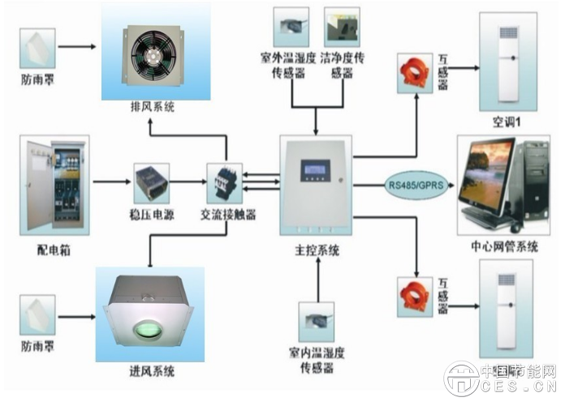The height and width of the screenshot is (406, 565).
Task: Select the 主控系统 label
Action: coord(317,251)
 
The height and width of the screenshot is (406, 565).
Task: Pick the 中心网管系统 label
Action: coord(504,246)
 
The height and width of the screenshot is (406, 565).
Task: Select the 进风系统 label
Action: coord(152,371)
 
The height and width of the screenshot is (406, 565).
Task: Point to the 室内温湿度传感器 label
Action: coord(317,361)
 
